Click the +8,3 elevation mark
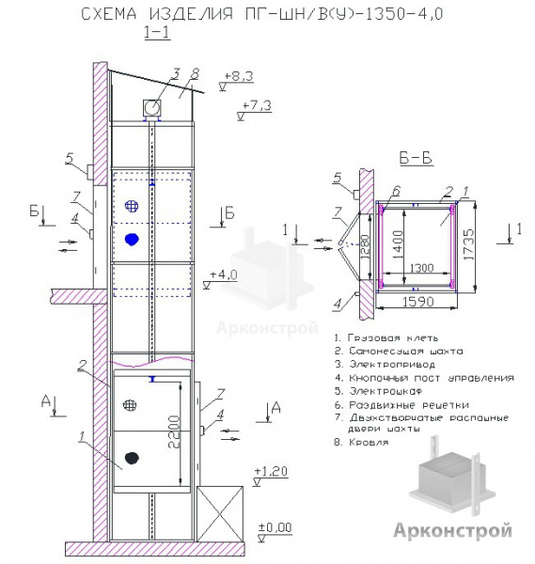[x=239, y=76]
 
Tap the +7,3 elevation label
[x=257, y=105]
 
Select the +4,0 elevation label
[x=224, y=274]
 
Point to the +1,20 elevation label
[x=271, y=471]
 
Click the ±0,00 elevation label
[x=275, y=527]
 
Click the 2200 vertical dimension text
[x=174, y=431]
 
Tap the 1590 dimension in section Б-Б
[x=417, y=302]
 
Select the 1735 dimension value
[x=468, y=244]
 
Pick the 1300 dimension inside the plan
[x=421, y=268]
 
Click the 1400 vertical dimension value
[x=398, y=244]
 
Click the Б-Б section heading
[x=416, y=158]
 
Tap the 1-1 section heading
[x=157, y=32]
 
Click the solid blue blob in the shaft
[x=132, y=239]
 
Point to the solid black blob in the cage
[x=132, y=458]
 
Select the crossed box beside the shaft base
[x=220, y=513]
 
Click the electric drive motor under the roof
[x=152, y=107]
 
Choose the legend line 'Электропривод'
[x=385, y=365]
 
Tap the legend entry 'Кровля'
[x=362, y=442]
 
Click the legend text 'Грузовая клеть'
[x=386, y=338]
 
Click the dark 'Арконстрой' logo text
[x=452, y=530]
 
